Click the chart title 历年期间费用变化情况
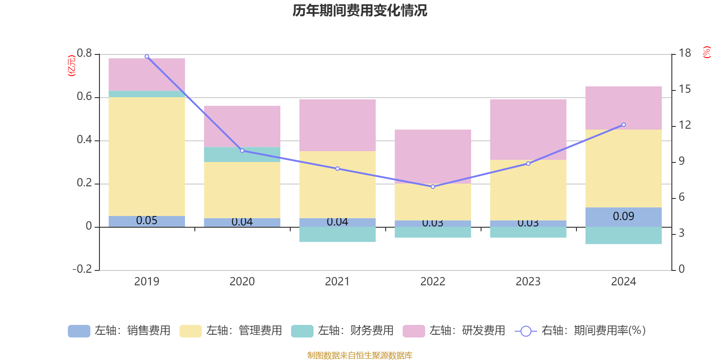(x=360, y=10)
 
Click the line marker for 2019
(x=147, y=57)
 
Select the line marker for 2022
(x=433, y=186)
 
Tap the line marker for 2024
(x=624, y=125)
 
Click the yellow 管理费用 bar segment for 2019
(x=147, y=156)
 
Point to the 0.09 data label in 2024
(x=624, y=216)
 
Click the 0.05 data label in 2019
(x=147, y=220)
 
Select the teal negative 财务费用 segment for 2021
(x=337, y=234)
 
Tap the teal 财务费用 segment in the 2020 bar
(x=242, y=154)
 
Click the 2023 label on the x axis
(x=528, y=282)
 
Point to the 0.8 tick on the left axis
(x=84, y=54)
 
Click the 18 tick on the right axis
(x=685, y=53)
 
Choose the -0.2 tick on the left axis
(x=82, y=269)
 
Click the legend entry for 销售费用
(x=120, y=331)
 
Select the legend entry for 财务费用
(x=343, y=331)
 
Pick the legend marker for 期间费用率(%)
(x=526, y=331)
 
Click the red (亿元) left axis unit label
(x=71, y=66)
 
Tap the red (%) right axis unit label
(x=707, y=52)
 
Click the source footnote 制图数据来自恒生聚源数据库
(x=360, y=355)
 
